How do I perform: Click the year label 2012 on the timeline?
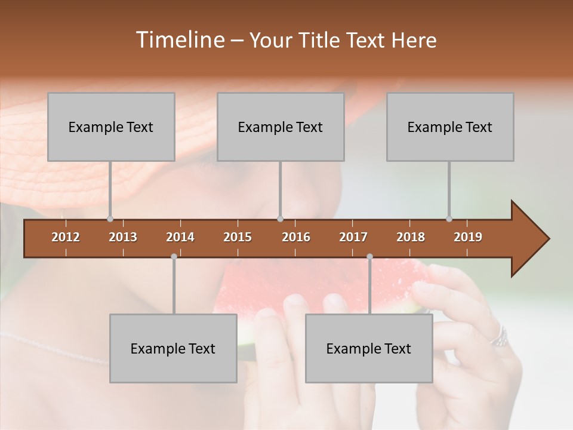(66, 237)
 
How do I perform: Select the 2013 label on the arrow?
(123, 237)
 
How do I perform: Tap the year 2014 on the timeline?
(180, 237)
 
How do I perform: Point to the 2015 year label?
(238, 237)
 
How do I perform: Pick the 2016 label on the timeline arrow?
(296, 237)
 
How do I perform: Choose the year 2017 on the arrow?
(353, 237)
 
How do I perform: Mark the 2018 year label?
(411, 237)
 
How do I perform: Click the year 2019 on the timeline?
(468, 237)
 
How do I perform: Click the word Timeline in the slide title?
(178, 40)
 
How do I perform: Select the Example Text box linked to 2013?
(111, 127)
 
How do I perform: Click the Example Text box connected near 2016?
(281, 127)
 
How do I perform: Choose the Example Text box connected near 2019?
(450, 127)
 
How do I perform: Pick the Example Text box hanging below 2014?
(173, 348)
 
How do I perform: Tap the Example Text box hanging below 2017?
(369, 348)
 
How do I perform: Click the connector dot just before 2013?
(110, 219)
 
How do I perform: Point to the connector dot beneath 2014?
(174, 256)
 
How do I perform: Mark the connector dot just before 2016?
(280, 219)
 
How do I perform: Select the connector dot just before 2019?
(449, 219)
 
